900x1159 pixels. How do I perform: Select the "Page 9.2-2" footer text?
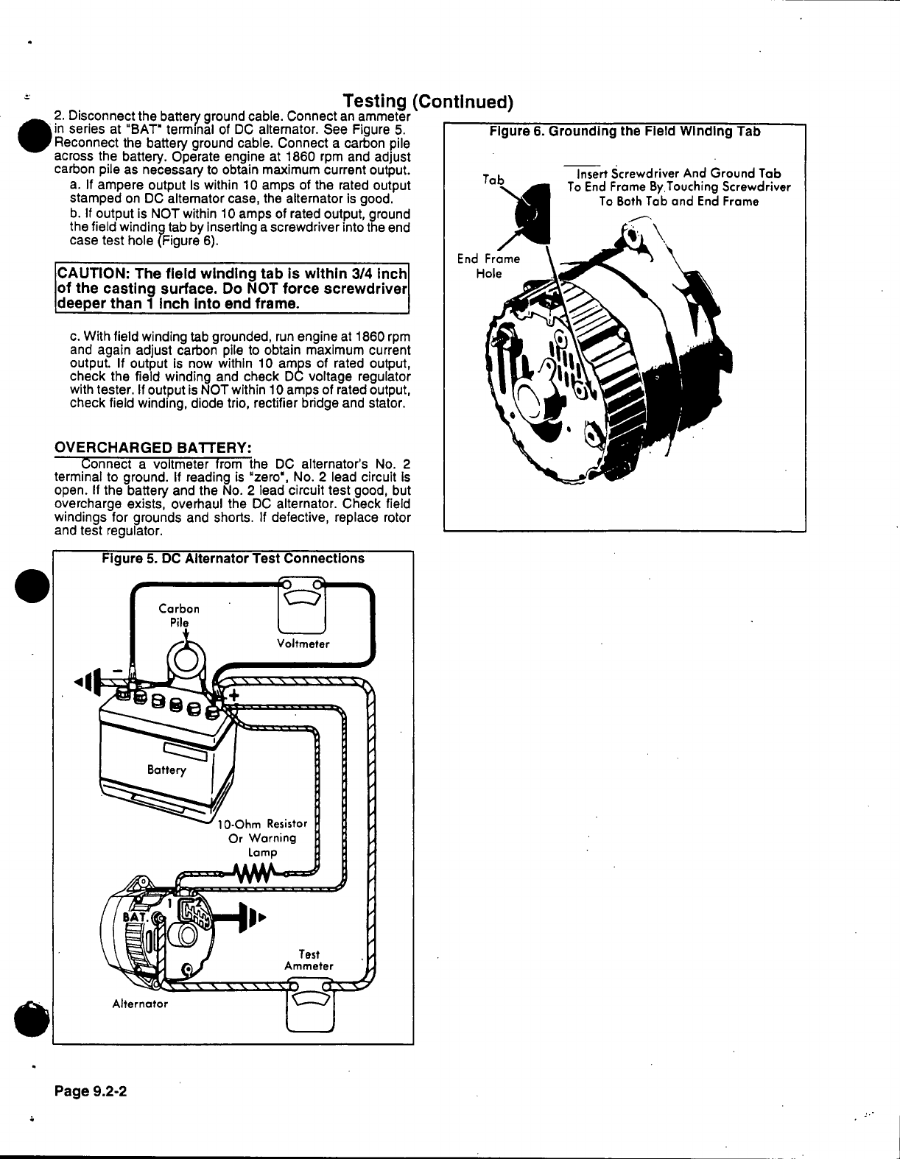click(x=91, y=1091)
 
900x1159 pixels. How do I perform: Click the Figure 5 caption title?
click(x=233, y=558)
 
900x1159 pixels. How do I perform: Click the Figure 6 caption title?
click(x=625, y=132)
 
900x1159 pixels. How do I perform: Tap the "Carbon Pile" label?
click(x=179, y=616)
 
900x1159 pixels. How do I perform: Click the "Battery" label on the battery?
click(x=166, y=770)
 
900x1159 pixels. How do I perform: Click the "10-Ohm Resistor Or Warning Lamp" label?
click(x=263, y=838)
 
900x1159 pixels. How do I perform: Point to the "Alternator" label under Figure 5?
click(x=140, y=1004)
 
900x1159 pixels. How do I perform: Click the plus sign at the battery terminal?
click(x=234, y=697)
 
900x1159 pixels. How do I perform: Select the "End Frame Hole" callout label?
click(x=488, y=266)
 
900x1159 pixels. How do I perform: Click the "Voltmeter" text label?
click(x=303, y=644)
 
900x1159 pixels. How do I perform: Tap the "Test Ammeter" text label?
click(x=309, y=960)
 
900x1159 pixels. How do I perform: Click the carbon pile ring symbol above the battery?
click(x=186, y=658)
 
